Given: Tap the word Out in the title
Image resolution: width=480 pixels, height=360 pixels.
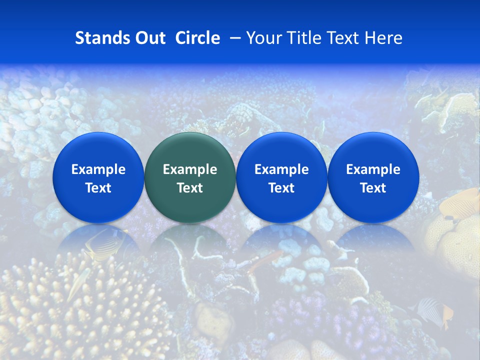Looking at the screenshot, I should point(149,38).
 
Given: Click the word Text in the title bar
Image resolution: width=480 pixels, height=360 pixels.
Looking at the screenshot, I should point(343,38).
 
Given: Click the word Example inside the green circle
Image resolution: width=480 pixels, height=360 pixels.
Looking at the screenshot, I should point(190,169).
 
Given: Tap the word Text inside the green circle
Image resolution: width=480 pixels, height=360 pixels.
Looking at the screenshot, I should point(190,188).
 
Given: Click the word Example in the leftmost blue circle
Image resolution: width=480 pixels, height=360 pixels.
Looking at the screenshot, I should point(98,169).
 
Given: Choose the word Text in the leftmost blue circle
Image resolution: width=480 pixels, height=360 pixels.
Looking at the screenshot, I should point(98,188).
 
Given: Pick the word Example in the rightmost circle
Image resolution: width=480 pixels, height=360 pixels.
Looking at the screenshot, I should point(373,169).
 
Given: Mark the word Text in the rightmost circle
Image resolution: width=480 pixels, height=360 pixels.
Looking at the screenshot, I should point(373,188).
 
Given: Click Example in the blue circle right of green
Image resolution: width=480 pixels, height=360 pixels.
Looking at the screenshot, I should point(281,169).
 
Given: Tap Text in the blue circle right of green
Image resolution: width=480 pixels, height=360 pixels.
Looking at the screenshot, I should point(281,188).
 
